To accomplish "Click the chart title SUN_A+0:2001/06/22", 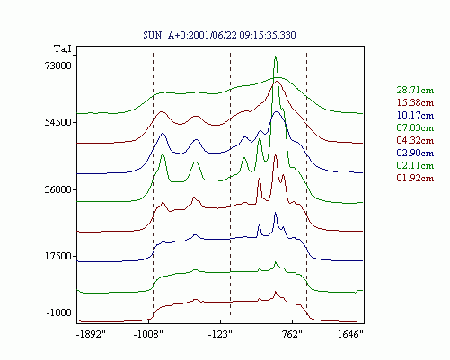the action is click(190, 35).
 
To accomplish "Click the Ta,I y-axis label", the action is click(63, 48).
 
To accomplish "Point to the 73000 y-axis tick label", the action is click(57, 66).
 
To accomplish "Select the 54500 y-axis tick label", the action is click(57, 122).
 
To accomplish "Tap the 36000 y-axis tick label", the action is click(57, 189).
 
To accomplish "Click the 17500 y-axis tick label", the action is click(57, 256).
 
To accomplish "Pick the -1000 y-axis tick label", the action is click(59, 312).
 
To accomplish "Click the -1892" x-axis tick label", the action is click(92, 334).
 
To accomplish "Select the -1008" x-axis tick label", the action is click(148, 334).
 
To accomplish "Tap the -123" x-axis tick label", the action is click(220, 334).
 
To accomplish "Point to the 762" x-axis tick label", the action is click(292, 334).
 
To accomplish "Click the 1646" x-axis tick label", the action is click(350, 334).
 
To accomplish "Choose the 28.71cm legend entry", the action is click(415, 90).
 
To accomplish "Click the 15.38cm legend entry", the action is click(415, 102).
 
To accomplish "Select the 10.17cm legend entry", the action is click(415, 115).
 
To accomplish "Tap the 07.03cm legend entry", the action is click(415, 127).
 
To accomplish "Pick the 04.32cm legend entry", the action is click(415, 140).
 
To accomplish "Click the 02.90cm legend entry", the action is click(415, 153).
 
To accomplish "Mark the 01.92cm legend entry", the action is click(415, 178).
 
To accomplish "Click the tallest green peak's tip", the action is click(275, 57).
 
